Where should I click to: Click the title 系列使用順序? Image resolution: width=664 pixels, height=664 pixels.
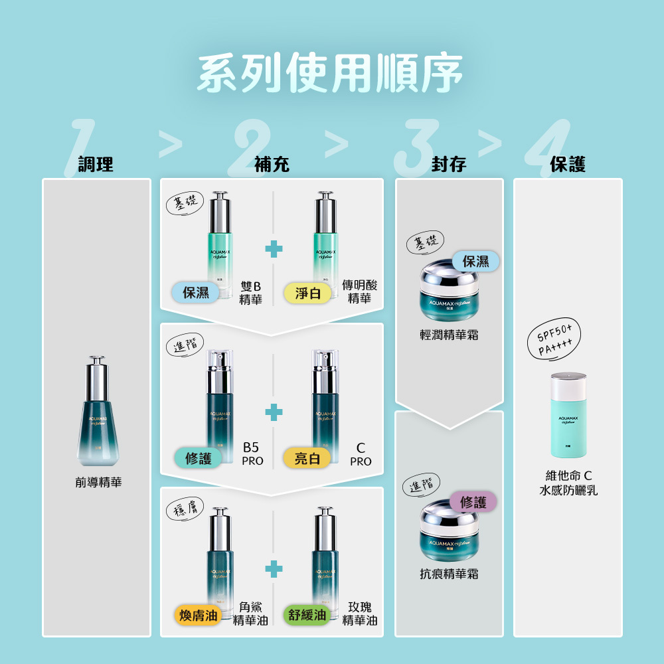[330, 74]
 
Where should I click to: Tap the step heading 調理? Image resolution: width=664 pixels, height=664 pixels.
[96, 164]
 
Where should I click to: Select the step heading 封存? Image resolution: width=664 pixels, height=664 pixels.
[448, 164]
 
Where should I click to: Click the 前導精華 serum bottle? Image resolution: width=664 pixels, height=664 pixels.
[98, 412]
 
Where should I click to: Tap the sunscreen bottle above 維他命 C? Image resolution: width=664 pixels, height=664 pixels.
[568, 415]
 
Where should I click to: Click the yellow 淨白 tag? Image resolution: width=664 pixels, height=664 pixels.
[307, 293]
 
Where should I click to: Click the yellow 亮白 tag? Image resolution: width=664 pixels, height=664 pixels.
[307, 458]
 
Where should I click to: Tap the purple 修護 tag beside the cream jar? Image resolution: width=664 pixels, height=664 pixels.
[473, 503]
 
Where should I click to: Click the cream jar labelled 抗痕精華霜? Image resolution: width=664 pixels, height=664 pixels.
[449, 531]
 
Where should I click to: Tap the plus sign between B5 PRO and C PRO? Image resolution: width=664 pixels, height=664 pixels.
[273, 412]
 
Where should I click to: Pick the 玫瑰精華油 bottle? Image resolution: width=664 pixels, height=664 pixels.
[325, 558]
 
